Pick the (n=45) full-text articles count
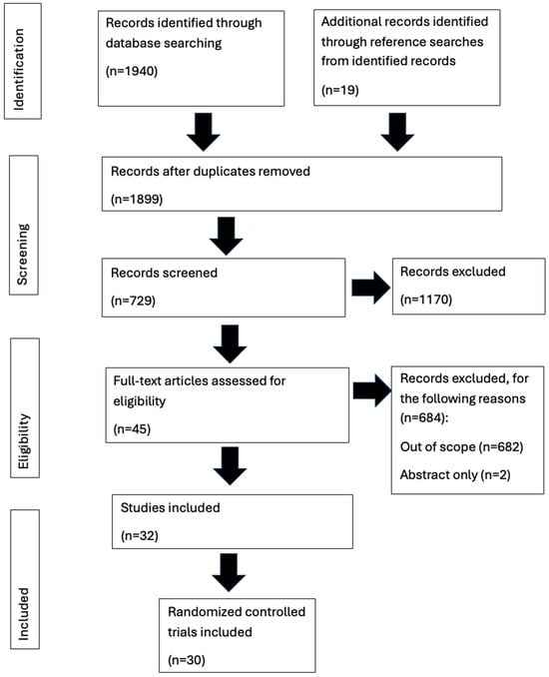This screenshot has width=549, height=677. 136,434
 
